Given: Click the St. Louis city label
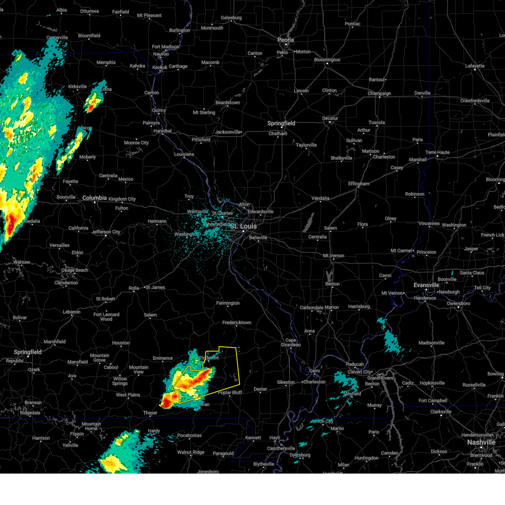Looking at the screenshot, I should [243, 226].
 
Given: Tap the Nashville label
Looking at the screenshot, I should [481, 442].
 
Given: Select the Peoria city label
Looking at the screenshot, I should [285, 40].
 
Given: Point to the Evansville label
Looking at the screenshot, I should [426, 285].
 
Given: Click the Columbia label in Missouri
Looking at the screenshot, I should [94, 198].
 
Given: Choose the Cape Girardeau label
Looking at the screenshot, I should [291, 343].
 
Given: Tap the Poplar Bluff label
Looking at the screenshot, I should [230, 393].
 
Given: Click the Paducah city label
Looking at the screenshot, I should [355, 364].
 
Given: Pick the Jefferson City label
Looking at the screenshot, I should [106, 232].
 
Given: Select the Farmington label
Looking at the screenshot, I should [228, 303].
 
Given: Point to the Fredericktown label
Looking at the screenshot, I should [237, 323].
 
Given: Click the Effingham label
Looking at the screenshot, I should [359, 184].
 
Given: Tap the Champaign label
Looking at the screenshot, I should [379, 93].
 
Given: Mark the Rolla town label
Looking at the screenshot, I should [133, 288].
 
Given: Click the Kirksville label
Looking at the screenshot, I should [77, 87].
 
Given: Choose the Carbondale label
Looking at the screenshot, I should [311, 308].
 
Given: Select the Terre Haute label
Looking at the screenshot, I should [437, 152].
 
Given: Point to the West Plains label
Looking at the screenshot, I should [128, 395].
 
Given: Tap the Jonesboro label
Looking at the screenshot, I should [208, 472].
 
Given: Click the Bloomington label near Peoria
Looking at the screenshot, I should [327, 60].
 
